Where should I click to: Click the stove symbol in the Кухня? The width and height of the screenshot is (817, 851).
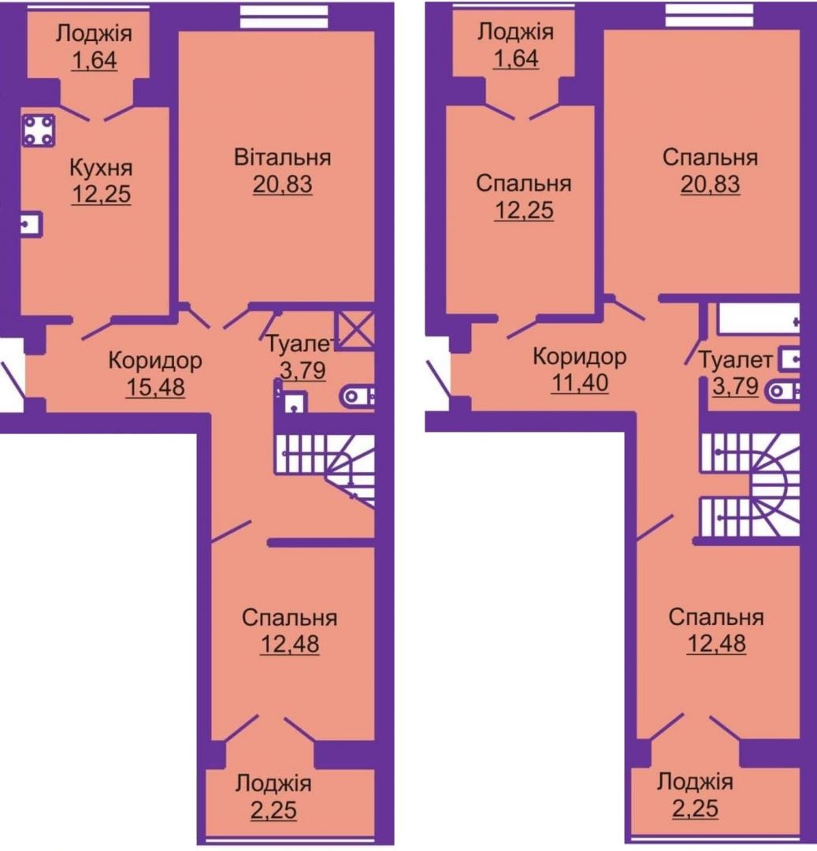tap(38, 130)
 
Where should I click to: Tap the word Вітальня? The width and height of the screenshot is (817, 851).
tap(282, 158)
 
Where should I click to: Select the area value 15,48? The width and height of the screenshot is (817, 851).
tap(155, 387)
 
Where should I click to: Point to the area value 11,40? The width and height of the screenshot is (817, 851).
tap(579, 383)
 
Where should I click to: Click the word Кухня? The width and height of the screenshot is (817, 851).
tap(101, 169)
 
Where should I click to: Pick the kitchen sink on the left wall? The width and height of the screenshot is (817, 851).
tap(32, 224)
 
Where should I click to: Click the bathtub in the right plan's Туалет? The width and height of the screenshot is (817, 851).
tap(759, 321)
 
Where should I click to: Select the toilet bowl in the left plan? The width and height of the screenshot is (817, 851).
tap(356, 396)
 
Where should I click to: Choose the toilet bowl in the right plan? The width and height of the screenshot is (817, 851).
tap(783, 390)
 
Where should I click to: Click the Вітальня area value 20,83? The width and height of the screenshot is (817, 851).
tap(282, 184)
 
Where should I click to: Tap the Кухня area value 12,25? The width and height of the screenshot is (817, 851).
tap(101, 195)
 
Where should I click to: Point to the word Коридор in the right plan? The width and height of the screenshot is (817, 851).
tap(579, 357)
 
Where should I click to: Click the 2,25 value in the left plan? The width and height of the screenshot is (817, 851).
tap(273, 810)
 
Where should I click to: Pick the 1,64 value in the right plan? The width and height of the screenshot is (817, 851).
tap(515, 58)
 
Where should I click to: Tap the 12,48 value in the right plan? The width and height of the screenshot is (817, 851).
tap(716, 644)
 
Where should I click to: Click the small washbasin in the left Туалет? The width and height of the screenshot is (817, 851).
tap(294, 403)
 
